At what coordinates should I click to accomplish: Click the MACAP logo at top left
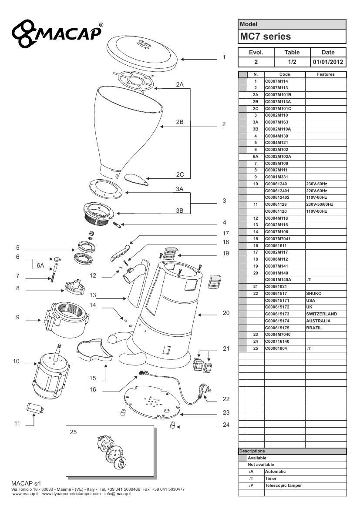coord(57,33)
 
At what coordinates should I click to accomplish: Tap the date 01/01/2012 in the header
coord(328,62)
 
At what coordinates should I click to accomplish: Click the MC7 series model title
coord(266,37)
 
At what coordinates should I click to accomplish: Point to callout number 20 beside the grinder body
coord(226,313)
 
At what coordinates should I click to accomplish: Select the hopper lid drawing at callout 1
coord(142,53)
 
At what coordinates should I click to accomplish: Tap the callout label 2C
coord(180,174)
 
